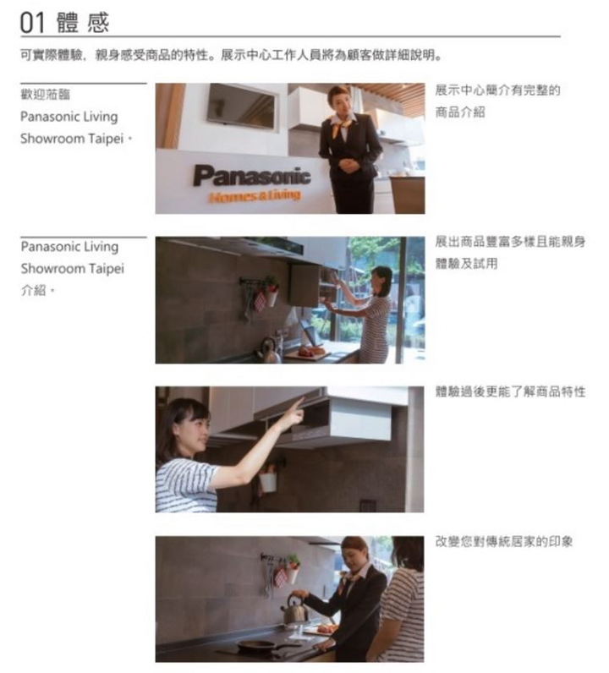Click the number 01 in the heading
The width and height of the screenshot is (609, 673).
[x=32, y=22]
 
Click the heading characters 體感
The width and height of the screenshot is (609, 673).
[x=83, y=22]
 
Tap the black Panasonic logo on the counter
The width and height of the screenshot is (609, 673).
[x=252, y=176]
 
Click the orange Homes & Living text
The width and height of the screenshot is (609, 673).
[x=255, y=195]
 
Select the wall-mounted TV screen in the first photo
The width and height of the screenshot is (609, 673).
[x=241, y=106]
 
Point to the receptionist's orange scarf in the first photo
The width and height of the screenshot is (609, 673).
[x=341, y=126]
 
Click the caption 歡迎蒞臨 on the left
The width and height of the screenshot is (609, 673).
[x=45, y=95]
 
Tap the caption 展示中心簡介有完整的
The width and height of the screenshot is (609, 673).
[x=497, y=90]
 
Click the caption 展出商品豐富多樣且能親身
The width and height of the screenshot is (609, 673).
[x=510, y=242]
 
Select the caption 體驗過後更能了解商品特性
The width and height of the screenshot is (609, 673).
[x=510, y=391]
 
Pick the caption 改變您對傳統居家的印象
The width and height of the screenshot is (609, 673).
[x=504, y=542]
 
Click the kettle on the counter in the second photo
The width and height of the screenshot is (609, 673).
[x=269, y=351]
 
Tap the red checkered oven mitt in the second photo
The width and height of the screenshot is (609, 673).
[x=261, y=300]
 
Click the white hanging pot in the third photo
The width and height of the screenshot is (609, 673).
[x=268, y=482]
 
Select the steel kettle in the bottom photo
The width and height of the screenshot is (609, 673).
[x=294, y=610]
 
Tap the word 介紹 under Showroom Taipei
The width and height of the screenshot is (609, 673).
[x=34, y=291]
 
